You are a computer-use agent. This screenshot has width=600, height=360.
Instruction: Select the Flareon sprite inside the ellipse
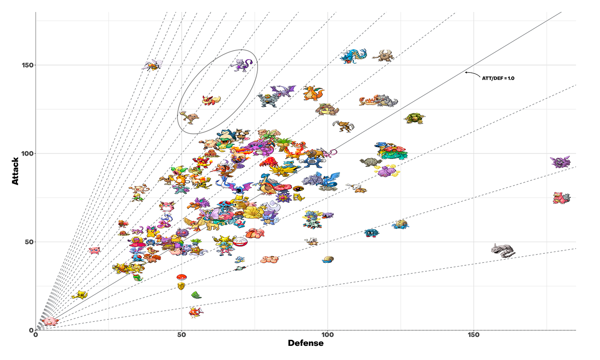(211, 101)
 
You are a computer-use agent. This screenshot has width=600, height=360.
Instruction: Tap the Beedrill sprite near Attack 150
(152, 65)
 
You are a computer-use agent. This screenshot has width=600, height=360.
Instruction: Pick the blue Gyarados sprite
(353, 56)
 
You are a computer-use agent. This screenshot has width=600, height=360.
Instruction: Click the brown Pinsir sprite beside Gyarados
(383, 56)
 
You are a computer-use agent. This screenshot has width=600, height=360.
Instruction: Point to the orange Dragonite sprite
(313, 93)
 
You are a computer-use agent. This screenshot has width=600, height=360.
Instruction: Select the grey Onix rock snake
(503, 250)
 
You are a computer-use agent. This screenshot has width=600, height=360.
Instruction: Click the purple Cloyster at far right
(560, 162)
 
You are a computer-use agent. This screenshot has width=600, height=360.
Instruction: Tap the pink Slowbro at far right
(561, 198)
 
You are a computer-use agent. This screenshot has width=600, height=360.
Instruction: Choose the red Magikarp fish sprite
(196, 312)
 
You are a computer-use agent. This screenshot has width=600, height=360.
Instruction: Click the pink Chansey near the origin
(50, 321)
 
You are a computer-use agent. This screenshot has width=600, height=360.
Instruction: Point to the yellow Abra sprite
(80, 295)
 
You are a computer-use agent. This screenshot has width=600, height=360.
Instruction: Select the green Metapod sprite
(196, 295)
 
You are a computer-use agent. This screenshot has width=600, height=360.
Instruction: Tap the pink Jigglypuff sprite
(94, 250)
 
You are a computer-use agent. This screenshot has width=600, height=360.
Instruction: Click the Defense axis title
(306, 343)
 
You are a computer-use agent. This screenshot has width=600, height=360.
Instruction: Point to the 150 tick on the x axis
(474, 334)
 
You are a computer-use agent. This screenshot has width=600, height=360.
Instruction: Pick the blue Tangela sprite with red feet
(371, 233)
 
